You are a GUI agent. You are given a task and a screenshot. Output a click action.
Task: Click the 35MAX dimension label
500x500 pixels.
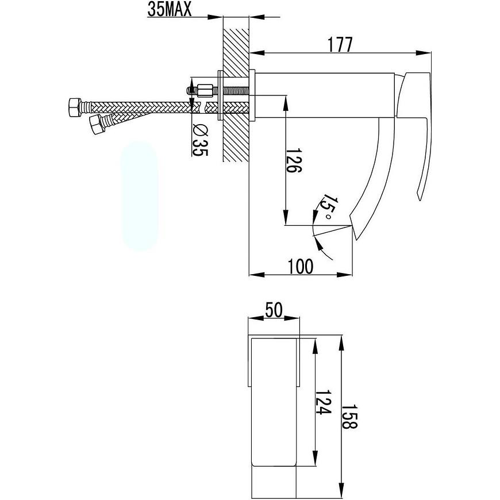click(x=170, y=9)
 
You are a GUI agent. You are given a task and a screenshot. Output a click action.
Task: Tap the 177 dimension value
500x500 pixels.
click(x=340, y=45)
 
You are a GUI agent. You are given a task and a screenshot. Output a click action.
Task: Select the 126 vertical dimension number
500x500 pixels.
click(x=294, y=160)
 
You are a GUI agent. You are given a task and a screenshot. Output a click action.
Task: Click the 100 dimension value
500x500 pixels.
click(x=301, y=267)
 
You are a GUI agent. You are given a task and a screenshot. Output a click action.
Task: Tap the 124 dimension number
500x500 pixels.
click(x=324, y=402)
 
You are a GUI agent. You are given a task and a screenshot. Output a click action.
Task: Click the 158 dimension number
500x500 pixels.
click(x=350, y=417)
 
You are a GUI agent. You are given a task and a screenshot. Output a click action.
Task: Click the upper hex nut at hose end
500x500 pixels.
click(x=75, y=107)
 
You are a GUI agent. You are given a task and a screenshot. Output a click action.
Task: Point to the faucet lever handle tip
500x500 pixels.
click(x=418, y=198)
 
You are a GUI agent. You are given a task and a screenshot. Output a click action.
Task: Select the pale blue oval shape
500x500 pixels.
click(x=139, y=195)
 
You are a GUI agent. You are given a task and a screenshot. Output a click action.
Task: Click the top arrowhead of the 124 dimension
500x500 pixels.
click(x=315, y=347)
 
